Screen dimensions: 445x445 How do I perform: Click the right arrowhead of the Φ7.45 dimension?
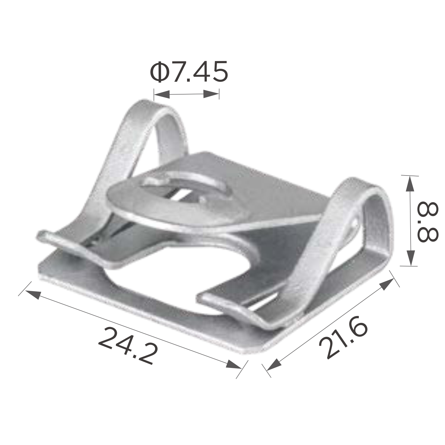[211, 95]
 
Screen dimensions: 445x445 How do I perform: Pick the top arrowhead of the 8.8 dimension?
[410, 184]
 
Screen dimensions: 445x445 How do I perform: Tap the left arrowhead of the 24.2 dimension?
[32, 294]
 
